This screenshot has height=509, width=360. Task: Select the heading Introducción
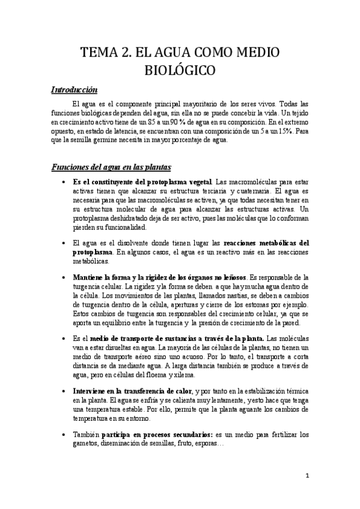click(x=73, y=90)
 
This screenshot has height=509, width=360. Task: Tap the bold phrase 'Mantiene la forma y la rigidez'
click(x=129, y=277)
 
